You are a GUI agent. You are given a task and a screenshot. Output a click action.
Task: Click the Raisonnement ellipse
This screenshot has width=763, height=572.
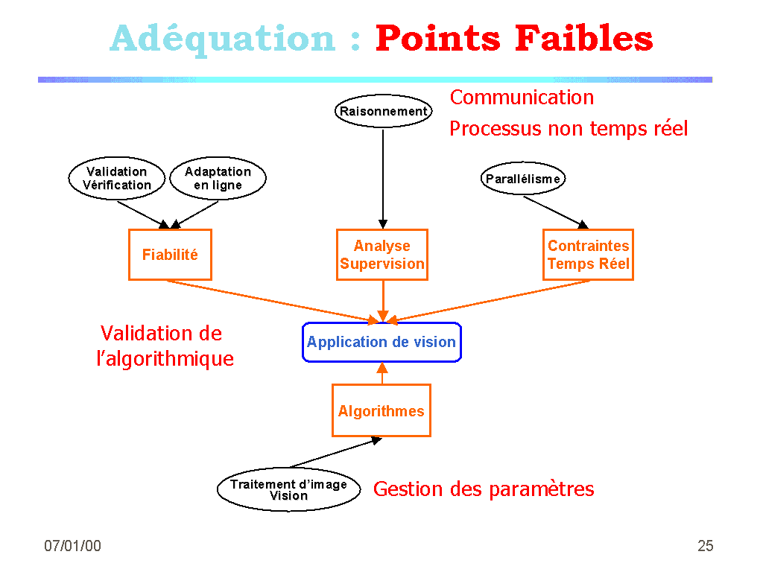click(x=383, y=112)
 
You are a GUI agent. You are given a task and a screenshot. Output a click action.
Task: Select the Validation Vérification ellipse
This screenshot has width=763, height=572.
click(x=117, y=179)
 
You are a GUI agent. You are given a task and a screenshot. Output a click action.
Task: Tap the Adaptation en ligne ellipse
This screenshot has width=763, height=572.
click(x=218, y=179)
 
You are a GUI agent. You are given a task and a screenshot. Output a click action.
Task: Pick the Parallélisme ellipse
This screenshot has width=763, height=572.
click(x=522, y=179)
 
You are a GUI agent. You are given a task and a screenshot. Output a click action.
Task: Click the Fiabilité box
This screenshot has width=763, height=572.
click(x=170, y=255)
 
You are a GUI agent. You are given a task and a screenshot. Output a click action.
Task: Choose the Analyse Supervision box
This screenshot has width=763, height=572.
click(x=382, y=255)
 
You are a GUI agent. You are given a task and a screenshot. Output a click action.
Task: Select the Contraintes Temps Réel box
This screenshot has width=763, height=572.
click(x=588, y=255)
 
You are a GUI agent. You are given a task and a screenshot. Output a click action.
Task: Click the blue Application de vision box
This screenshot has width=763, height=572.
click(x=381, y=343)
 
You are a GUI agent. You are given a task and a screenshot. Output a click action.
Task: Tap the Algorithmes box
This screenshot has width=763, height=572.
click(x=381, y=410)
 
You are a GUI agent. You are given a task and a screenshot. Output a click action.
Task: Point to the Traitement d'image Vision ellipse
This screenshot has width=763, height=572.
click(x=288, y=489)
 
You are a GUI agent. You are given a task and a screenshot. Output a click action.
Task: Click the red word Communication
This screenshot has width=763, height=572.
click(x=522, y=98)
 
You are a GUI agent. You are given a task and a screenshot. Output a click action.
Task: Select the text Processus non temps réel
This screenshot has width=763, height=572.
click(x=568, y=129)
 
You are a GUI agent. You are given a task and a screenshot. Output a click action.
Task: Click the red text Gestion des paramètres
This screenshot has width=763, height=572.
click(x=484, y=489)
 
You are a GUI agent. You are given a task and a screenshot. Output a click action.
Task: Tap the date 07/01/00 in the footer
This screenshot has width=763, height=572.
click(x=72, y=546)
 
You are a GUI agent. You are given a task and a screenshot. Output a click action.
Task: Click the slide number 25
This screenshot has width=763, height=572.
click(x=705, y=546)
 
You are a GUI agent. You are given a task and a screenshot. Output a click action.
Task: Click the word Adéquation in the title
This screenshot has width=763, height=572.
click(x=223, y=39)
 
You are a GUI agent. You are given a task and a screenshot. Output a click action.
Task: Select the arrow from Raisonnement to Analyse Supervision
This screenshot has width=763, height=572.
click(x=383, y=179)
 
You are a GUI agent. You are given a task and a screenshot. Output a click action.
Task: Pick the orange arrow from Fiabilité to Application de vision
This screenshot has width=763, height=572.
click(x=272, y=301)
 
